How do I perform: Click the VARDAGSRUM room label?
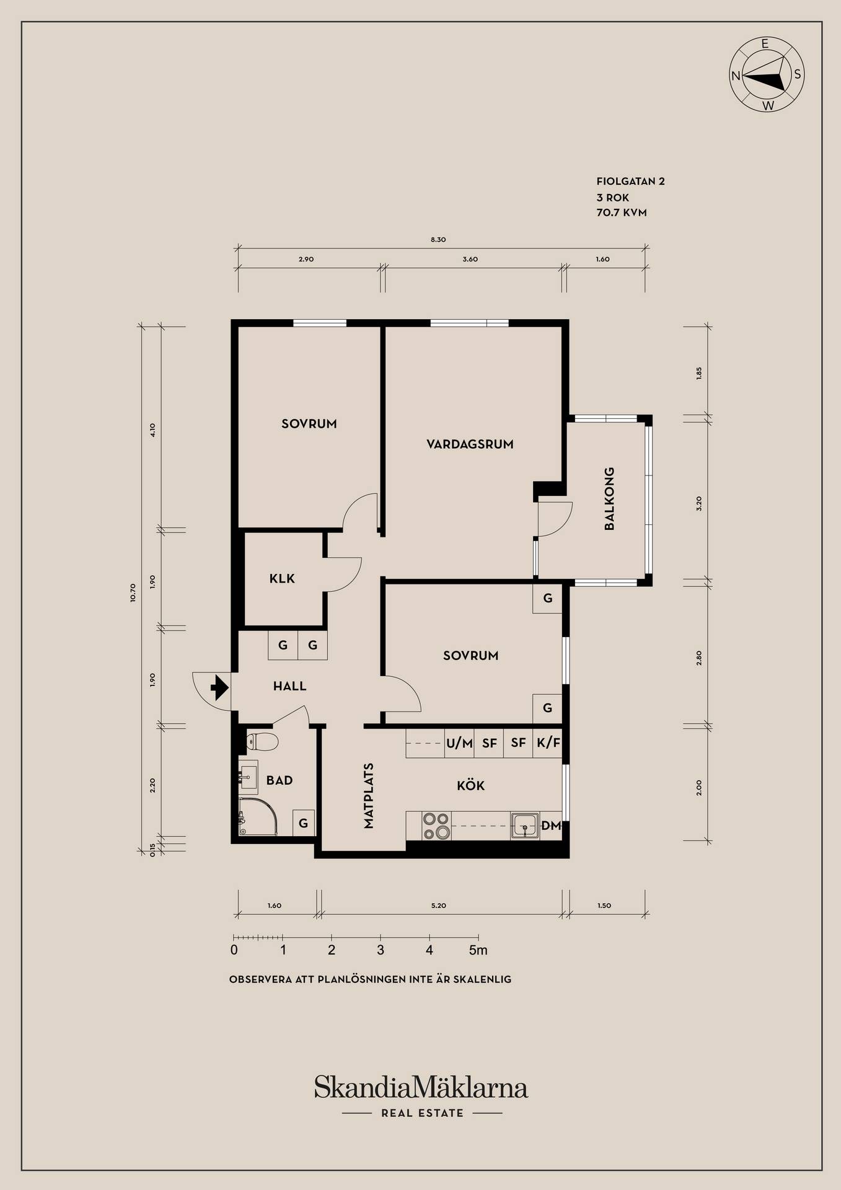[470, 444]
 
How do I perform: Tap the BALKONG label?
[609, 499]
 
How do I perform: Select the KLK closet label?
[282, 579]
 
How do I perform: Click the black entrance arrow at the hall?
[219, 687]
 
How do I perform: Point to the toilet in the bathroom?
[262, 741]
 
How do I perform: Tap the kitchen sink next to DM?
[525, 826]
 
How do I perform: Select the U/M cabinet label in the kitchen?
[459, 743]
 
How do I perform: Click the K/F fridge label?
[548, 743]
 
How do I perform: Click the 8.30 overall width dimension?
[438, 240]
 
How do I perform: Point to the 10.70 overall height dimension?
[133, 593]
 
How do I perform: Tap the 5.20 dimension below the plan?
[438, 906]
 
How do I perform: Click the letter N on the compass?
[736, 76]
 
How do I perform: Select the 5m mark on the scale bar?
[478, 950]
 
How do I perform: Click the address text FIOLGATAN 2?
[630, 182]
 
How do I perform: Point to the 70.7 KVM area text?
[622, 213]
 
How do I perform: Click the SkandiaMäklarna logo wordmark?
[421, 1088]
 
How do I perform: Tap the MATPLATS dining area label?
[369, 795]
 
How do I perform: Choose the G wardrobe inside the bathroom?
[304, 823]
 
